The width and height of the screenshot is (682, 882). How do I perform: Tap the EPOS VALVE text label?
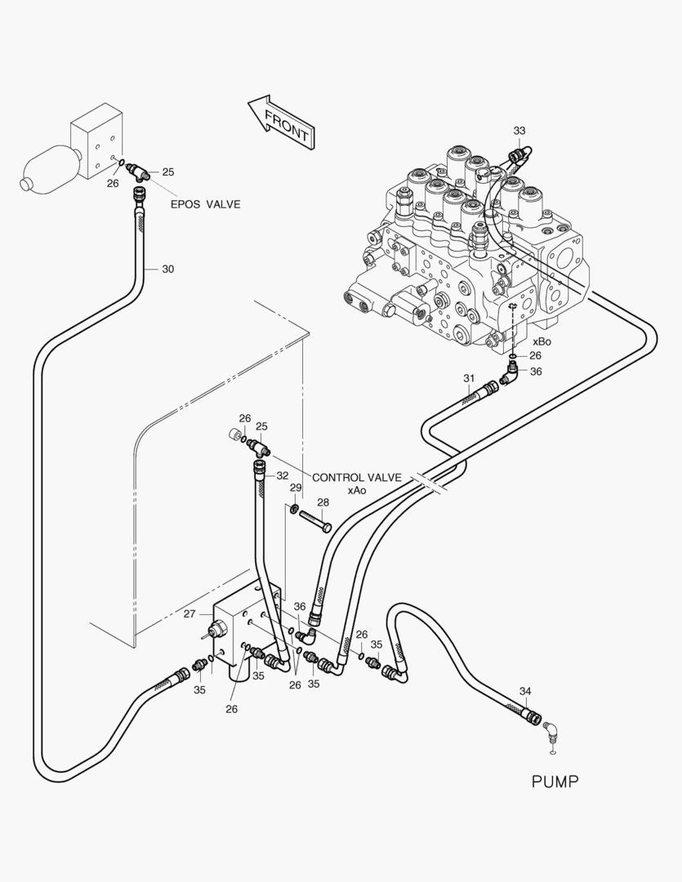click(205, 204)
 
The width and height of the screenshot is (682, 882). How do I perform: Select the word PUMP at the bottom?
click(555, 782)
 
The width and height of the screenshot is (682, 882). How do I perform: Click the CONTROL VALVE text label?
click(357, 478)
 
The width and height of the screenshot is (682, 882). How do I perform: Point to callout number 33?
click(519, 131)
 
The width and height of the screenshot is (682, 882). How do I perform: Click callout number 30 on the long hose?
click(167, 269)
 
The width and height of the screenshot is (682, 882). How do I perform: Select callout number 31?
click(468, 378)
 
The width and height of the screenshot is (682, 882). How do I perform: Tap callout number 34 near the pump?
click(524, 691)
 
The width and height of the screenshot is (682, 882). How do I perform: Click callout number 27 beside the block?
click(189, 613)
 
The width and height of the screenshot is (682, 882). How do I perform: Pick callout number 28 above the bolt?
click(323, 502)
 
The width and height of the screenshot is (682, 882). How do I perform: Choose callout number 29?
click(296, 488)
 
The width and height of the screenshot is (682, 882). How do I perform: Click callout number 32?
click(282, 475)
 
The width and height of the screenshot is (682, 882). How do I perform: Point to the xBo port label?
click(542, 341)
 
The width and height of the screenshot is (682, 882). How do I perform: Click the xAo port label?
click(357, 491)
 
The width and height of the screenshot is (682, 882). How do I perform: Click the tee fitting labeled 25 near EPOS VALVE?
click(140, 173)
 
